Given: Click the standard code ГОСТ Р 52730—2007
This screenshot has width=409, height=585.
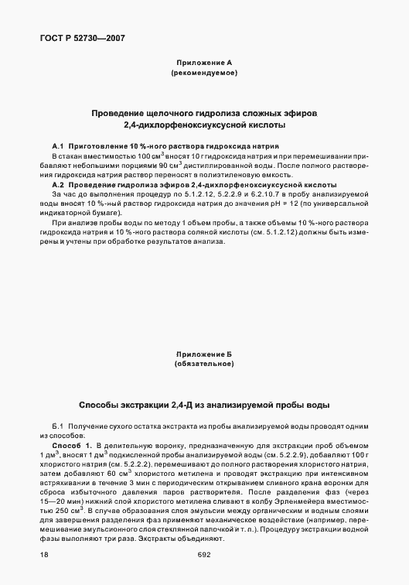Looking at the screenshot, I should [x=70, y=38].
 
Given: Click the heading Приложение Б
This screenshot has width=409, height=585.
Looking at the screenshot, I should [x=203, y=353].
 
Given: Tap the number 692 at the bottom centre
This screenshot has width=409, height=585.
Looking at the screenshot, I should [x=203, y=554].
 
